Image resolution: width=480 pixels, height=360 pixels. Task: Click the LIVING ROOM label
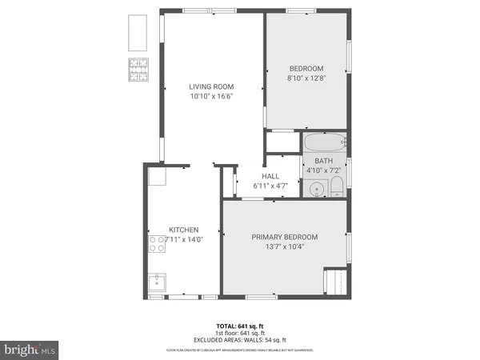[211, 86]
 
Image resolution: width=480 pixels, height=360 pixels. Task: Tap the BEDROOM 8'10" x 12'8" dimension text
[306, 78]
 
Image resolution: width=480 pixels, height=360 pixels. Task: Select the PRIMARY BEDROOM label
[285, 237]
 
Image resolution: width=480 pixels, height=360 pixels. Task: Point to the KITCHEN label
[183, 230]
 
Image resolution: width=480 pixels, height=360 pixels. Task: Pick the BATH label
[323, 161]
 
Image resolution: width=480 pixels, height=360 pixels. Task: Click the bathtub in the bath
[324, 143]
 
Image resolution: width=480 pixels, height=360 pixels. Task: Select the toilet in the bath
[336, 189]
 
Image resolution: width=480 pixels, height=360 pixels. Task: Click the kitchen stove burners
[156, 243]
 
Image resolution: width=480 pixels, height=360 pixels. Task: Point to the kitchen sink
[157, 282]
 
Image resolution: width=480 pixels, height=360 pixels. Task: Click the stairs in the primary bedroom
[334, 282]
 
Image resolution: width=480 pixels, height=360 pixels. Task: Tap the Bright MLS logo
[30, 349]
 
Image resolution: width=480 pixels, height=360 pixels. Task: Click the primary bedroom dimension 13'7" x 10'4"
[285, 246]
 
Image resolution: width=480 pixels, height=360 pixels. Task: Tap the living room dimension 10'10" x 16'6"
[211, 96]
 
